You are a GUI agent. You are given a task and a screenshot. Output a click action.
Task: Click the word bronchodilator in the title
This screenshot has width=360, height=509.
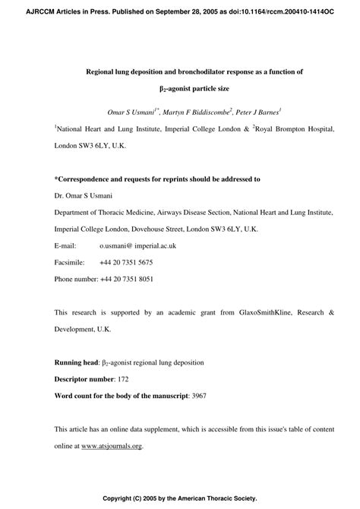click(x=207, y=72)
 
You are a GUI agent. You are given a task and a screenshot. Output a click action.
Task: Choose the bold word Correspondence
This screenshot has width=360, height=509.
click(x=87, y=179)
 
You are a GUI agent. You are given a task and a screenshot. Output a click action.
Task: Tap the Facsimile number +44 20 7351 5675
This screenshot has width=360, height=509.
click(x=126, y=262)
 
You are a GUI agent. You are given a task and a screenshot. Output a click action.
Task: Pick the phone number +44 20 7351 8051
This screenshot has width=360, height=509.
click(x=126, y=279)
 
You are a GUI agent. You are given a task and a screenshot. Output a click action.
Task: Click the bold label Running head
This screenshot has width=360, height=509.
click(x=77, y=362)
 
